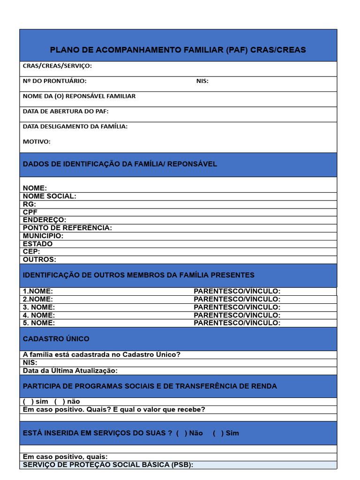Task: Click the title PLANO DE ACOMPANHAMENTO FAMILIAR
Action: (x=178, y=50)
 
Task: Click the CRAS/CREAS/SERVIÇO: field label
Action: (x=57, y=66)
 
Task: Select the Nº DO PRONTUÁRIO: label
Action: (x=54, y=81)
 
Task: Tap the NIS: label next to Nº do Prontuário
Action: (x=202, y=81)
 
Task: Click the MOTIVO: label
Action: (x=37, y=142)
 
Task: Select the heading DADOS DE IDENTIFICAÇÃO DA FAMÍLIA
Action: (x=120, y=164)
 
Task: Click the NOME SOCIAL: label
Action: (x=49, y=196)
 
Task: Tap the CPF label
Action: (x=30, y=212)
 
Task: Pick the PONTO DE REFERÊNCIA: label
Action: (x=67, y=228)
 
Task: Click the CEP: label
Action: (x=31, y=251)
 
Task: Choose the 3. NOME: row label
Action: (x=39, y=307)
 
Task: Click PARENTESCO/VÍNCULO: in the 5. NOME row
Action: (x=237, y=323)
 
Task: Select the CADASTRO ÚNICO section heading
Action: (x=56, y=339)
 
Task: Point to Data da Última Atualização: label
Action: (x=70, y=371)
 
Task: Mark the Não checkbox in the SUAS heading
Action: (x=181, y=433)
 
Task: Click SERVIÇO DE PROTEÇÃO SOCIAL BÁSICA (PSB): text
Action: (x=108, y=465)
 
